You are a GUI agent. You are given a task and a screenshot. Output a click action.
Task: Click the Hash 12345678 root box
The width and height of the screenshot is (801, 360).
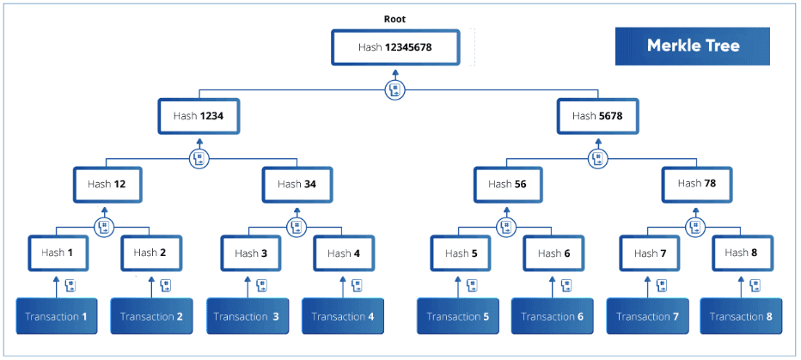tap(395, 47)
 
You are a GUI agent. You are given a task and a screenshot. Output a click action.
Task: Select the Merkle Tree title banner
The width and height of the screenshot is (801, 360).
tap(692, 46)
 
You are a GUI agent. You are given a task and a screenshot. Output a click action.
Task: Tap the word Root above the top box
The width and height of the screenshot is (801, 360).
tap(394, 18)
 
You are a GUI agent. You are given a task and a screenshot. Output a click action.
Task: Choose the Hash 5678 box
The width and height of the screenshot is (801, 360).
tap(597, 116)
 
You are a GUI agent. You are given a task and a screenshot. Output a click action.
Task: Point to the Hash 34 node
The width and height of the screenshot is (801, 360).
tap(297, 184)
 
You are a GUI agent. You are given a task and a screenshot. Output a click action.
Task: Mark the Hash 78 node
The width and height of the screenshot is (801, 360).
tap(695, 183)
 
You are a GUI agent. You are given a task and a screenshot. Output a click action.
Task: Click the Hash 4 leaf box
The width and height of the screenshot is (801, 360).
tap(343, 253)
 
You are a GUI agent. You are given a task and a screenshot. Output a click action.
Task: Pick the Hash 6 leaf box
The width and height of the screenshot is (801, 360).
tap(553, 253)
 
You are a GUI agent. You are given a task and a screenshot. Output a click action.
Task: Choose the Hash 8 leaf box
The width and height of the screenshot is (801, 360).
tap(742, 253)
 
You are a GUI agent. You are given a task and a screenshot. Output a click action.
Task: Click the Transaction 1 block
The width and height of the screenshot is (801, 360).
tap(57, 316)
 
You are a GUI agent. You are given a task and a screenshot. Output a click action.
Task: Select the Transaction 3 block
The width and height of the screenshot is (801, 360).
tap(247, 316)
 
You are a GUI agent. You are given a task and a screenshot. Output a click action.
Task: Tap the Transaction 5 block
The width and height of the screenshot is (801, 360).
tap(456, 316)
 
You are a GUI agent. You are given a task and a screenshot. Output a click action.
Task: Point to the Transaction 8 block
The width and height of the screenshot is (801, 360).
tap(742, 316)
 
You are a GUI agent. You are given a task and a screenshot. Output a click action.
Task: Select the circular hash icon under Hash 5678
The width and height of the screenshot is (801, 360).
tap(598, 158)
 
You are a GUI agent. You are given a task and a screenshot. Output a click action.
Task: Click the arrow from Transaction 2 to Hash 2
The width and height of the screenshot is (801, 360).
tap(151, 287)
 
